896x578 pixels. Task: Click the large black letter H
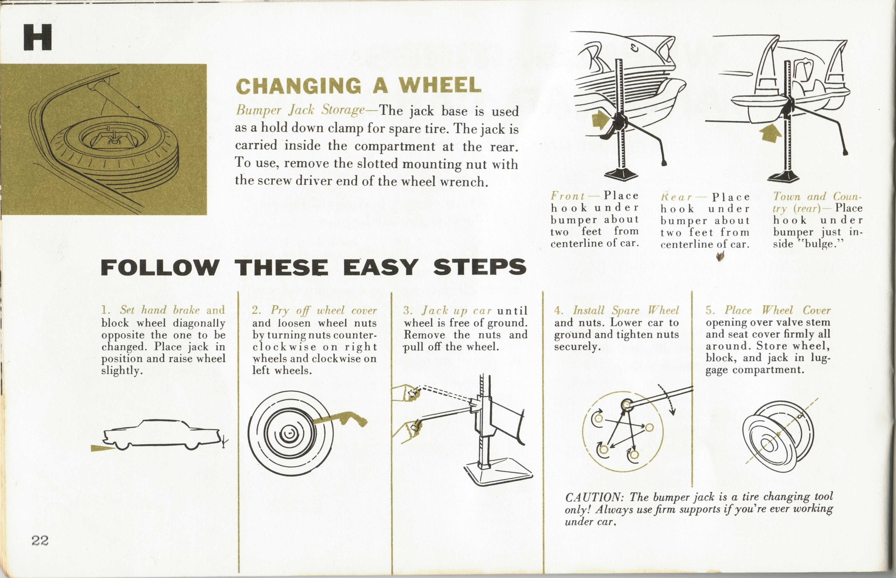coord(37,37)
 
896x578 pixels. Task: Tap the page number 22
coord(40,541)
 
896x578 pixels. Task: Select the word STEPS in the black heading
coord(480,267)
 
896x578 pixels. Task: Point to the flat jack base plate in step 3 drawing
coord(498,473)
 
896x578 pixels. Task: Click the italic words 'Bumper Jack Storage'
coord(300,110)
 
